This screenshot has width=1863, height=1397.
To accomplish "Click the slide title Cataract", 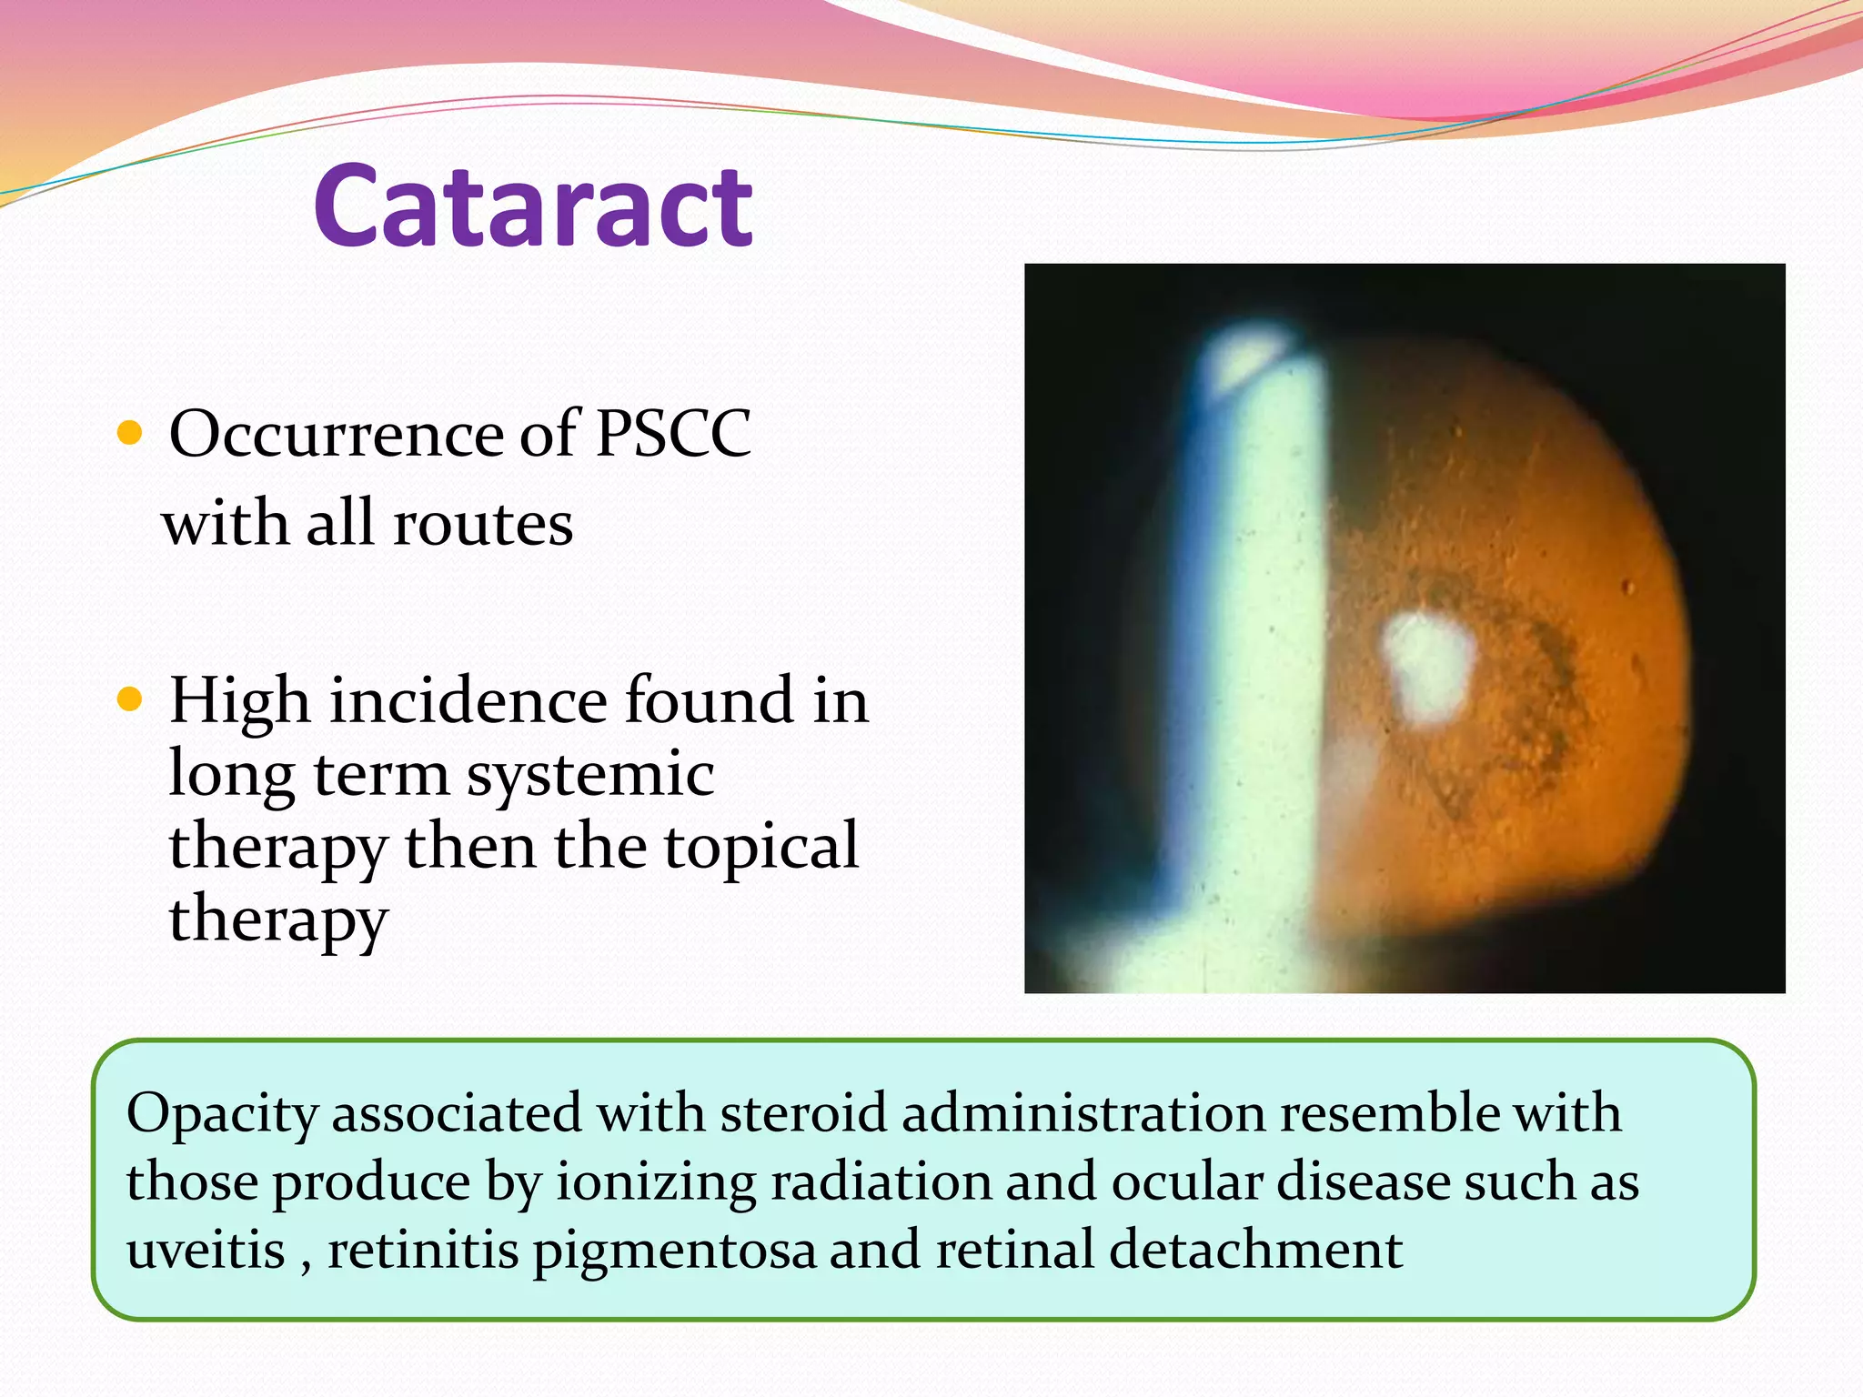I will [534, 207].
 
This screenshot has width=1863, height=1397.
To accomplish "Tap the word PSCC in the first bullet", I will [673, 434].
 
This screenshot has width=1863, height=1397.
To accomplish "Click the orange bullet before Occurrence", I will [130, 433].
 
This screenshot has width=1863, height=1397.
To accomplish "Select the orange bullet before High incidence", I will [130, 699].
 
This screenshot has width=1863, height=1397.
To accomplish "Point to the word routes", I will [483, 525].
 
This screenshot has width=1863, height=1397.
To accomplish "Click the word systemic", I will [590, 775].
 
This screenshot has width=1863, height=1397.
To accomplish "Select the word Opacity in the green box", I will [222, 1114].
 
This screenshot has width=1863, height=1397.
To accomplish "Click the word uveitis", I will [206, 1250].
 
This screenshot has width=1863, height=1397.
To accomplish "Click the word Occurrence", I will [337, 434].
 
